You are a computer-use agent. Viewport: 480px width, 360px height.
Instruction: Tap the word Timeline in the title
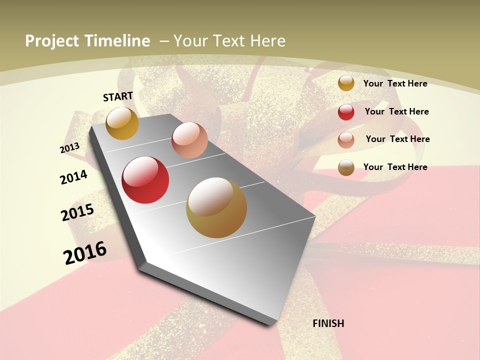click(x=117, y=41)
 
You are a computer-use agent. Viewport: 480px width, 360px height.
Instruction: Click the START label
click(x=118, y=96)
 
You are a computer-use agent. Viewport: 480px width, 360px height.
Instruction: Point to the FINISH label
click(x=328, y=323)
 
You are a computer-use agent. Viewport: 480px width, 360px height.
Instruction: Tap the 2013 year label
click(x=69, y=147)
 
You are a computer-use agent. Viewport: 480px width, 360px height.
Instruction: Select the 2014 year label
click(x=73, y=177)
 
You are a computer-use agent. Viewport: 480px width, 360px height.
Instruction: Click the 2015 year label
click(x=77, y=212)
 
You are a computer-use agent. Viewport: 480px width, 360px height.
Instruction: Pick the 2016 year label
click(x=85, y=252)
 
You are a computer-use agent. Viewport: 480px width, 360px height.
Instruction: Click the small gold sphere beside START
click(x=122, y=123)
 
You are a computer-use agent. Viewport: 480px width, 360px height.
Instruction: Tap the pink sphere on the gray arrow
click(x=189, y=140)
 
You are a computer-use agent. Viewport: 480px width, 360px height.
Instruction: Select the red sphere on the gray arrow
click(x=145, y=180)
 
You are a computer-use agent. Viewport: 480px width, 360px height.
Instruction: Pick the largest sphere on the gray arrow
click(x=216, y=207)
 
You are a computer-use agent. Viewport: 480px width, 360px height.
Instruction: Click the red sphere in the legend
click(x=346, y=112)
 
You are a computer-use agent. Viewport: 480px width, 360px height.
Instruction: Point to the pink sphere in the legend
click(x=346, y=140)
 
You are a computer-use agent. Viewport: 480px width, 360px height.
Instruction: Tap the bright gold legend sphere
click(x=346, y=83)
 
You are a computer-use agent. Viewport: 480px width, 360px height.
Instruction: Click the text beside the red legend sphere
click(x=396, y=111)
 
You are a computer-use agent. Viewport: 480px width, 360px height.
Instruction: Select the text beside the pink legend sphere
click(x=397, y=139)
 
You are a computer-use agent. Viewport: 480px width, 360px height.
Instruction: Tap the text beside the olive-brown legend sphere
click(x=395, y=167)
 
